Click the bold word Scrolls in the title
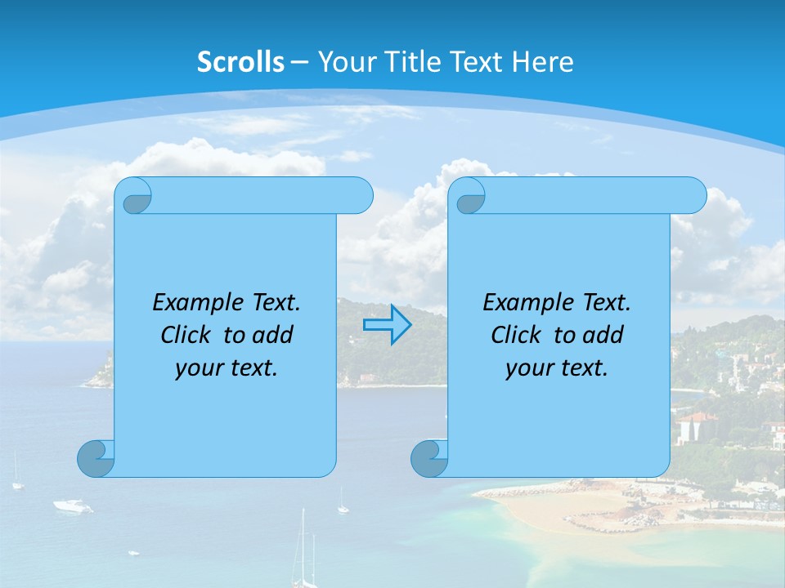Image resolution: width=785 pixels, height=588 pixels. (241, 62)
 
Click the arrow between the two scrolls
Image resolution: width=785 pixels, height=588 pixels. (387, 324)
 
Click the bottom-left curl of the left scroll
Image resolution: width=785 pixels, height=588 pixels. (95, 457)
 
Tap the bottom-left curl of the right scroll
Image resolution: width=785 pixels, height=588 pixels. (428, 457)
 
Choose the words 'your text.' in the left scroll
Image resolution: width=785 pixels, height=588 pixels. (227, 368)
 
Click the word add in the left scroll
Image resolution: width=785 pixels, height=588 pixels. (273, 336)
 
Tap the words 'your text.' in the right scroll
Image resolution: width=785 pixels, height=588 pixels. (557, 368)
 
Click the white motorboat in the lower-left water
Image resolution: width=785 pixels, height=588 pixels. (73, 506)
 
